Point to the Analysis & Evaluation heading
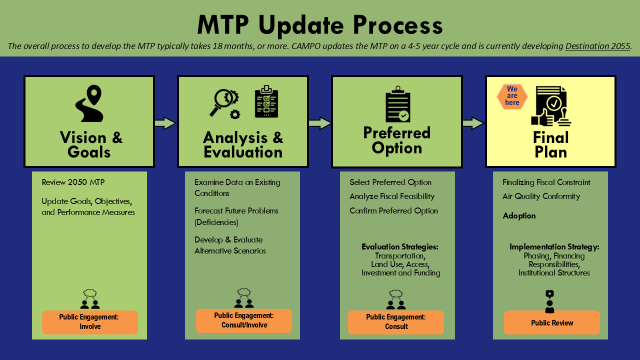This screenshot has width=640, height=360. pos(243,145)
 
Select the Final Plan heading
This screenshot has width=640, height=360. pos(549,145)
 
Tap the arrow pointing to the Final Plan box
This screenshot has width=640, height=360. pos(473,123)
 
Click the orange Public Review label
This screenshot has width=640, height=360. pos(550,323)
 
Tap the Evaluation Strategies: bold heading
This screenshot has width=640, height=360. pos(397,246)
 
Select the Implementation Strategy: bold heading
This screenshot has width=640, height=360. pos(553,246)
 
